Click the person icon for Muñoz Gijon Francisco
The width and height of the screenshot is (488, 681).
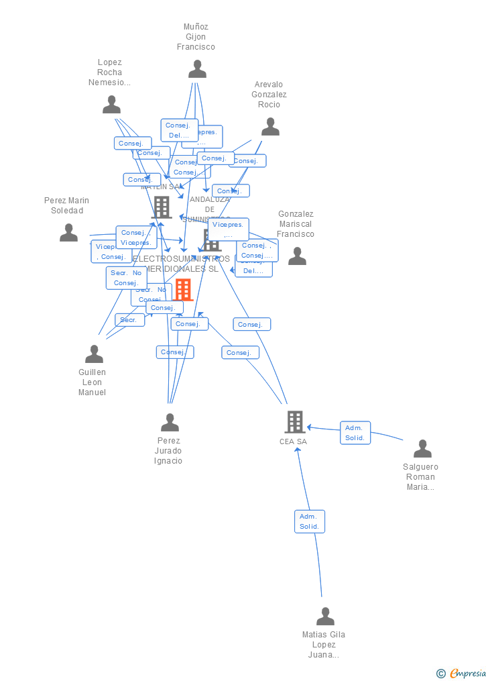[197, 69]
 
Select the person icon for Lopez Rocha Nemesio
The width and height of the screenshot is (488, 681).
[111, 105]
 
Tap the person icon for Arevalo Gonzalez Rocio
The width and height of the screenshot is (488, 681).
[270, 127]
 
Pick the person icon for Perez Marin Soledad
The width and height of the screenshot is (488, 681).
[68, 233]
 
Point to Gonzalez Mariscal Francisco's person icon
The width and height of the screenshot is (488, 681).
[297, 256]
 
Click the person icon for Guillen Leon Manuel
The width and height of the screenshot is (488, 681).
[94, 354]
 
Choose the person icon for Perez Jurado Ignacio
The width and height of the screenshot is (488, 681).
[170, 423]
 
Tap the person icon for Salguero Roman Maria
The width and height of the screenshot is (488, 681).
[422, 449]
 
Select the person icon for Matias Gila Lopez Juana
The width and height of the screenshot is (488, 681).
[325, 617]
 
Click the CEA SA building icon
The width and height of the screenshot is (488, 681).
[295, 422]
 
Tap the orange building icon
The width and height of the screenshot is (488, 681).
[183, 290]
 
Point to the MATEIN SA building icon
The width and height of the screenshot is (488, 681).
[162, 208]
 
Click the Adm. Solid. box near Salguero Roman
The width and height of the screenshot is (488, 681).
[355, 433]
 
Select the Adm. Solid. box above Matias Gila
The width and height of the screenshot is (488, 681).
[309, 521]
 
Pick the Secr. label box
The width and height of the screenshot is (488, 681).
[129, 320]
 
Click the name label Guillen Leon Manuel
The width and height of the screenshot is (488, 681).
[93, 382]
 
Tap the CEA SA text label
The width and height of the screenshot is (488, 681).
[293, 441]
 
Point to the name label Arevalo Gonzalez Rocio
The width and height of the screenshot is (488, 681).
[269, 95]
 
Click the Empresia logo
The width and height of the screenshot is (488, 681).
[467, 674]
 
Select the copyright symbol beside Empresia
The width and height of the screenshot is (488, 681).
[440, 674]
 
